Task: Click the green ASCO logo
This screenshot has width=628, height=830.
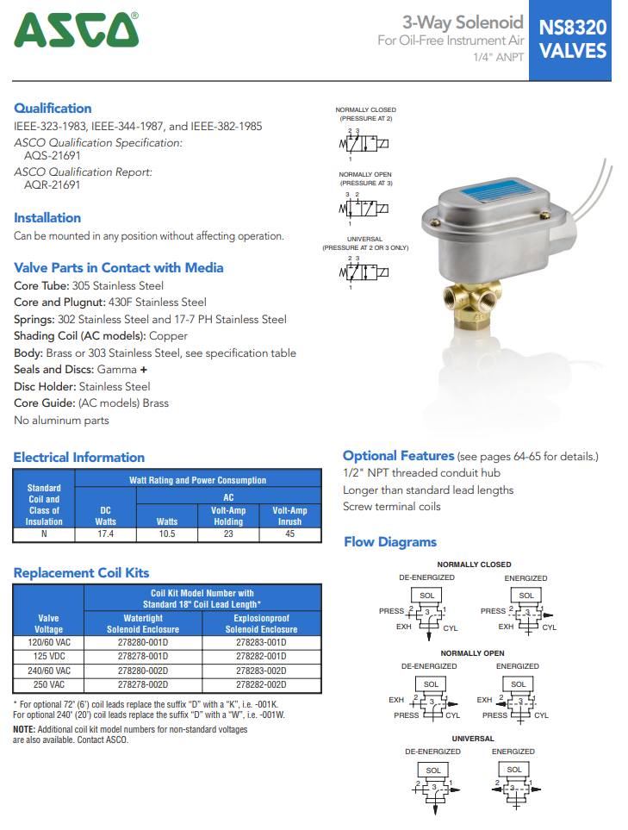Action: (77, 30)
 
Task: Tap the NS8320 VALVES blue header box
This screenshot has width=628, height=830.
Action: (573, 40)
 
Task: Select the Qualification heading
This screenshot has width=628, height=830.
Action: (53, 109)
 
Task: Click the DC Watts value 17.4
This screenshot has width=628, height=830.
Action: (106, 534)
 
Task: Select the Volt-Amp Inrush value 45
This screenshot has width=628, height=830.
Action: (289, 534)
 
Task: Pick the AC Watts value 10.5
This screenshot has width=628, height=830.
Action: (166, 534)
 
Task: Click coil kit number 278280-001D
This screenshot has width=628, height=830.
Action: (142, 643)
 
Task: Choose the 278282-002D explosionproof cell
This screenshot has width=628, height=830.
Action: (261, 684)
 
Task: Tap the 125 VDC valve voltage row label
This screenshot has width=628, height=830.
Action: (48, 657)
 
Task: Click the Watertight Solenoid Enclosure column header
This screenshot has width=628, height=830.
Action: (142, 624)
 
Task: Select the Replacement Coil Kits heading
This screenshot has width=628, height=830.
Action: (82, 573)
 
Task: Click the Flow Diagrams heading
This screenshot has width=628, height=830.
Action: (390, 542)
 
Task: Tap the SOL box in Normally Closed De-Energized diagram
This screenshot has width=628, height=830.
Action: (426, 596)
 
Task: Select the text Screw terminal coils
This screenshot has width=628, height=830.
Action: (391, 507)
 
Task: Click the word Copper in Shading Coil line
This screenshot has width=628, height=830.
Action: (169, 336)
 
